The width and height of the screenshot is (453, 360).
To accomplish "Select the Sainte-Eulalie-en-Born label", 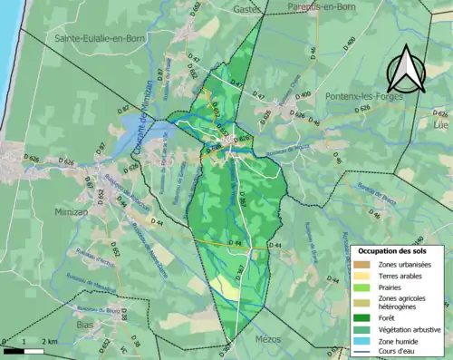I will click(x=94, y=39).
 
